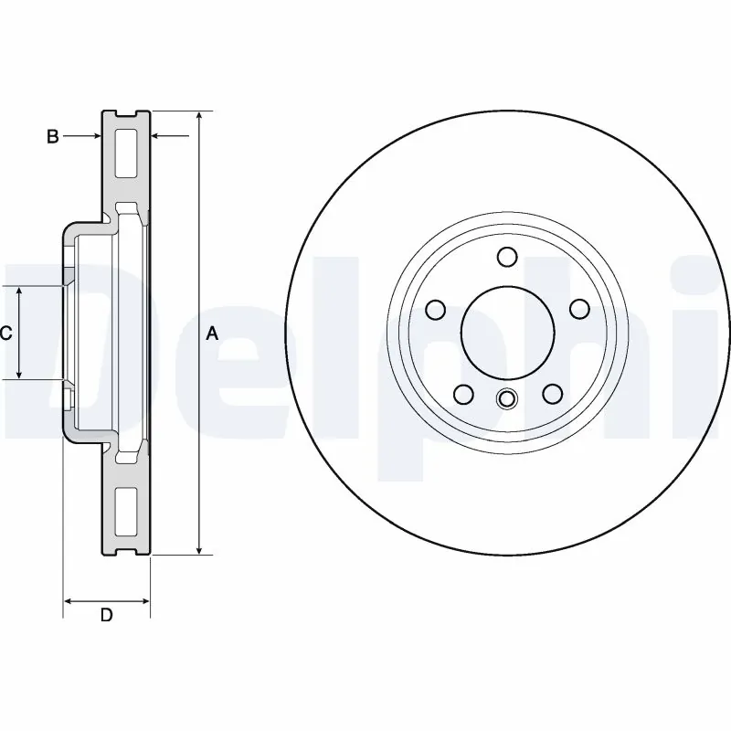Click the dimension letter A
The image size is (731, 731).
212,334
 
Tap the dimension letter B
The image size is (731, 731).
53,136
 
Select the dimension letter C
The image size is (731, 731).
5,334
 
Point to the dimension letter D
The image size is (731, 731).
106,615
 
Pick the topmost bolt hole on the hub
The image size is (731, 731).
508,257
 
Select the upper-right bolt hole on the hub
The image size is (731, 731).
578,310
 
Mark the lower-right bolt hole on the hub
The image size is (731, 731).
552,393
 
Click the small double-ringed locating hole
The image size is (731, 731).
507,398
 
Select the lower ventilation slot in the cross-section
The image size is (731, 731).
126,512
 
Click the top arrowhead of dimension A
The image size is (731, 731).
199,117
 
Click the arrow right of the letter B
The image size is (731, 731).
91,136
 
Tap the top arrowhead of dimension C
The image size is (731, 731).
20,291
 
